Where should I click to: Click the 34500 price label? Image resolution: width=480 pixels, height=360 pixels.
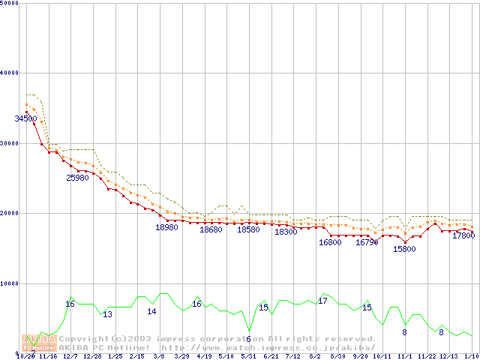25,118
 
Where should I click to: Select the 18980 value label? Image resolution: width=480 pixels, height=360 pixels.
166,226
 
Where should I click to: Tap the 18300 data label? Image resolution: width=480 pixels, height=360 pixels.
286,232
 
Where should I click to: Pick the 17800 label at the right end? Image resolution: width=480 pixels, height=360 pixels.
463,235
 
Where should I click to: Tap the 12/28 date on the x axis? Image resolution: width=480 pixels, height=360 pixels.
93,356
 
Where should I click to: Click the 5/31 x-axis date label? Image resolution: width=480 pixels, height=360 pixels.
248,356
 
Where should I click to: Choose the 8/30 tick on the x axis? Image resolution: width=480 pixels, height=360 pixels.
337,356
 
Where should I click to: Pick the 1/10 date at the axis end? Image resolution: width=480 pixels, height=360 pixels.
471,356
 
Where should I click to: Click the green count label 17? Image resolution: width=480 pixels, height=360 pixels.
322,301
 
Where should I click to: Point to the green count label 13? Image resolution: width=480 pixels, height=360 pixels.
107,314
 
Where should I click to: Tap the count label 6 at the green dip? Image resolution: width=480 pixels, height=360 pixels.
248,339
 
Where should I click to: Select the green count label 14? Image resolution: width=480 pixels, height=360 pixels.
151,311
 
